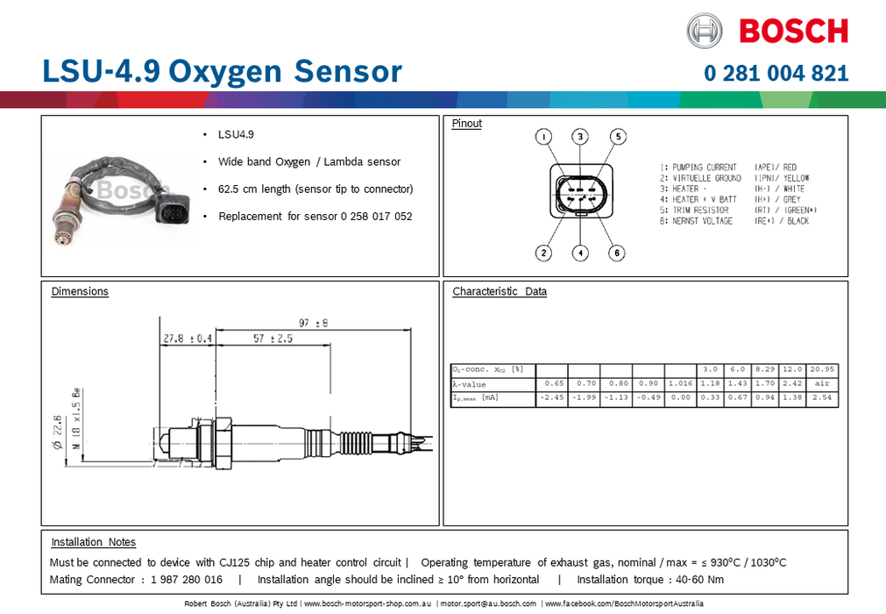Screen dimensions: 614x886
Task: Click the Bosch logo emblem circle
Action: [x=705, y=31]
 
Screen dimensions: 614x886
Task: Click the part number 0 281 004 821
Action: [x=776, y=73]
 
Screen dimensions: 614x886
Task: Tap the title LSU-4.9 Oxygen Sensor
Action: [x=222, y=71]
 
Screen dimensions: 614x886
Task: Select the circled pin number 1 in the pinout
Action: [x=544, y=137]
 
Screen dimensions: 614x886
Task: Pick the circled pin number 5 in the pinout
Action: [x=618, y=137]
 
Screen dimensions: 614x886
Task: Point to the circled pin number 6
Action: [x=618, y=253]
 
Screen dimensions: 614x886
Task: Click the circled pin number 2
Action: [x=544, y=253]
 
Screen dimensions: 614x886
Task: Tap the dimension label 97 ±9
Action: [x=313, y=323]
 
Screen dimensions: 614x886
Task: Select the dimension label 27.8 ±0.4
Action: [x=188, y=339]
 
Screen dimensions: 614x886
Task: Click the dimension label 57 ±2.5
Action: [x=273, y=339]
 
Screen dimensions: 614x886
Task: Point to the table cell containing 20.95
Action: [x=822, y=369]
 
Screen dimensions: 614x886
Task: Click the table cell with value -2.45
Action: [x=553, y=399]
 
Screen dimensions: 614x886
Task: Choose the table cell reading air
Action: [x=822, y=384]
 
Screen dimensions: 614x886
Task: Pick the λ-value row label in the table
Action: [x=469, y=384]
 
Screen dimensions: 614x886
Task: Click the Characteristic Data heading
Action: [x=500, y=291]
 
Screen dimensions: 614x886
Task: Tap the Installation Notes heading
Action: [x=93, y=542]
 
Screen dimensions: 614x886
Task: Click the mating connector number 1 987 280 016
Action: [x=186, y=580]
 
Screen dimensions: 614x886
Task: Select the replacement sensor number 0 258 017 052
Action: [x=370, y=216]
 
